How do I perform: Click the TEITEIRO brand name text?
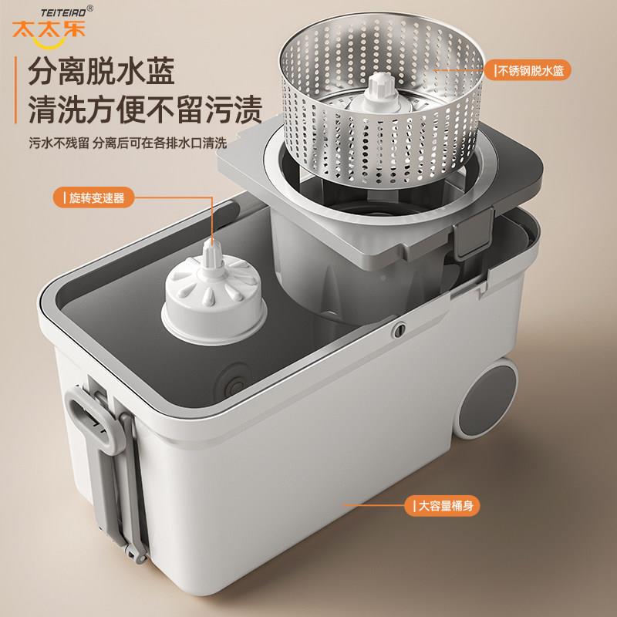pyautogui.click(x=63, y=12)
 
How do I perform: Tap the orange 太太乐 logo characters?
pyautogui.click(x=49, y=29)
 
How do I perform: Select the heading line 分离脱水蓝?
pyautogui.click(x=102, y=71)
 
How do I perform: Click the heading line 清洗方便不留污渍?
pyautogui.click(x=145, y=110)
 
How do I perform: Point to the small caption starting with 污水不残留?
pyautogui.click(x=128, y=143)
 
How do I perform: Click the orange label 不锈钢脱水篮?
pyautogui.click(x=528, y=71)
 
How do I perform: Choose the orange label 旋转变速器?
pyautogui.click(x=93, y=197)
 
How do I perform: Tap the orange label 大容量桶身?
pyautogui.click(x=443, y=505)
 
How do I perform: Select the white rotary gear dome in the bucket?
pyautogui.click(x=214, y=292)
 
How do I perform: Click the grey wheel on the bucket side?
pyautogui.click(x=488, y=400)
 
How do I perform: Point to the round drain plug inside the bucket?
pyautogui.click(x=234, y=381)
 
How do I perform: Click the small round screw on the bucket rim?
pyautogui.click(x=400, y=330)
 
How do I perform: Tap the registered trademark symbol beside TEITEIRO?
pyautogui.click(x=90, y=8)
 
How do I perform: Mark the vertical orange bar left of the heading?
pyautogui.click(x=15, y=90)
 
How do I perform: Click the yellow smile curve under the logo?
pyautogui.click(x=49, y=43)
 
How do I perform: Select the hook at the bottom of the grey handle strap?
pyautogui.click(x=137, y=554)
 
